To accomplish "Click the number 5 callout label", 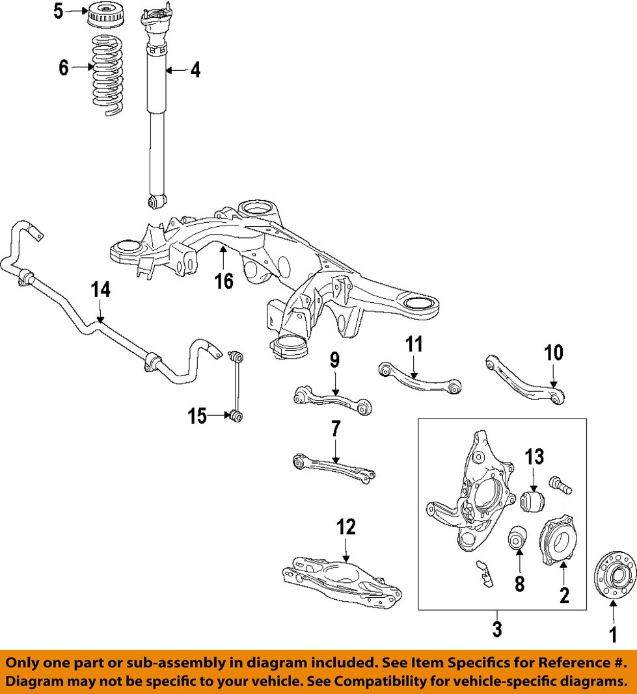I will click(x=59, y=11).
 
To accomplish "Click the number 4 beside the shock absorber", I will click(x=195, y=70).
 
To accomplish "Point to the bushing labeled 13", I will click(x=532, y=502).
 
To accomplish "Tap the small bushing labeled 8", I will click(x=518, y=537).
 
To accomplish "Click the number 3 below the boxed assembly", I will click(x=497, y=628).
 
